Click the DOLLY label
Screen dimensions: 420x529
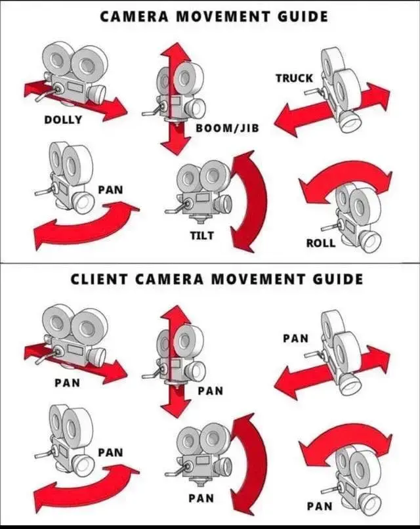click(63, 119)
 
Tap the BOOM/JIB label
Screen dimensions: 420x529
click(227, 128)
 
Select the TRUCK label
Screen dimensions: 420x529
click(295, 78)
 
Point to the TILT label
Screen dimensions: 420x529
click(201, 235)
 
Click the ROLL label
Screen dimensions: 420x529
click(320, 243)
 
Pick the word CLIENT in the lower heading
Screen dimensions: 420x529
click(99, 280)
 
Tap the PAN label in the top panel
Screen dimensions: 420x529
click(111, 190)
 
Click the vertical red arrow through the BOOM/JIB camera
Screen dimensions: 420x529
click(175, 98)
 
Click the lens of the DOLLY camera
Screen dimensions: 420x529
click(97, 93)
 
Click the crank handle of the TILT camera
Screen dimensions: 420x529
click(175, 208)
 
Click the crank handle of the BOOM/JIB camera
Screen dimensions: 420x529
click(152, 110)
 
